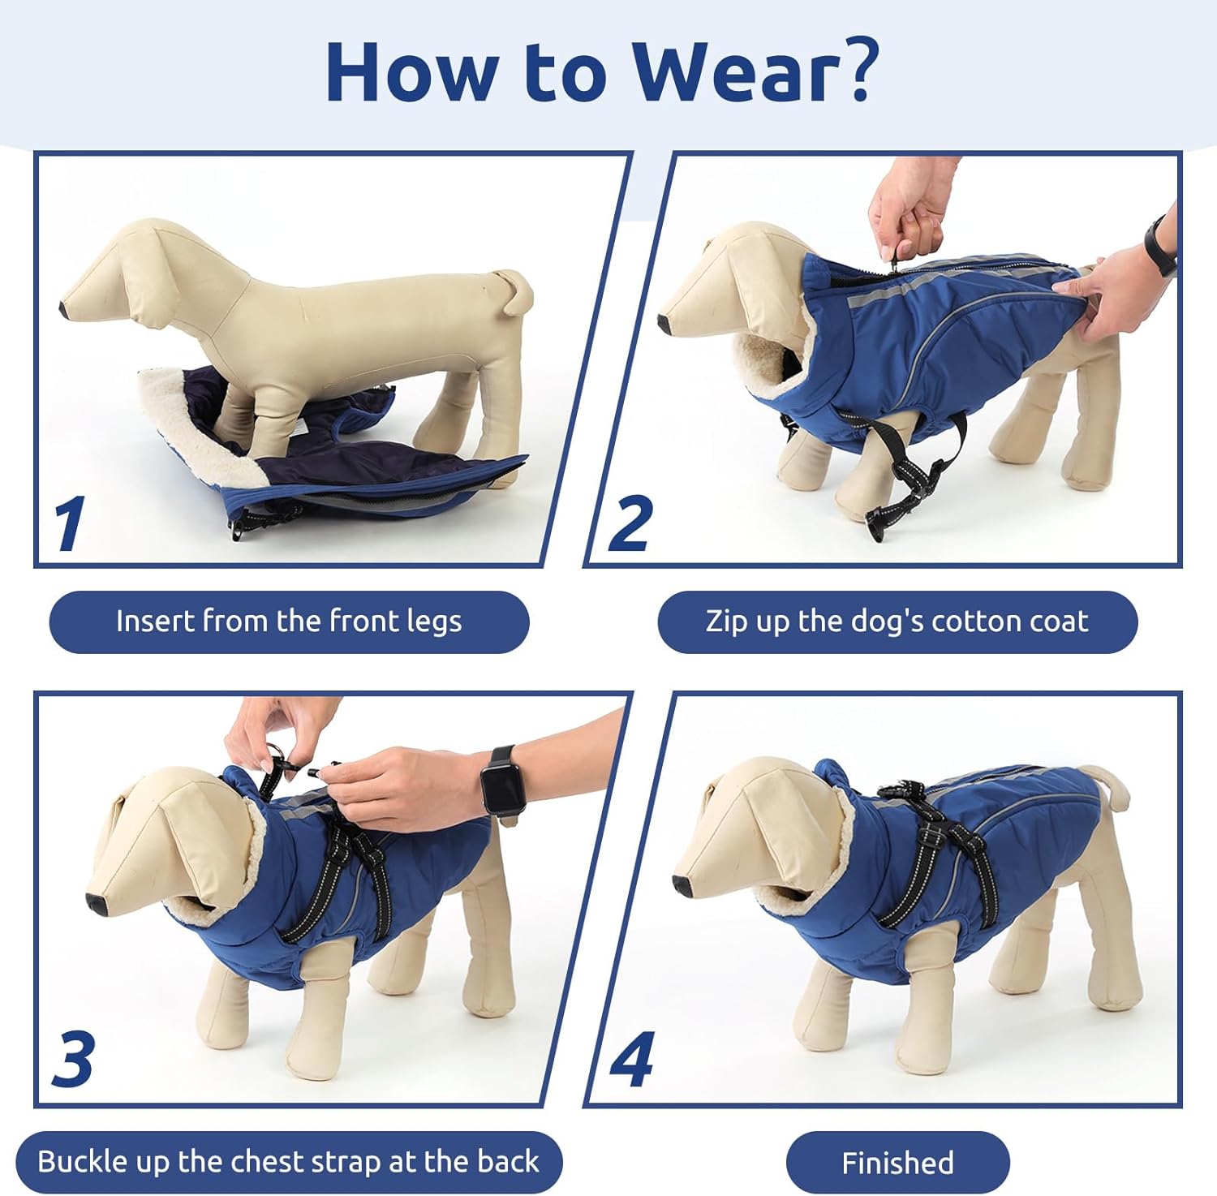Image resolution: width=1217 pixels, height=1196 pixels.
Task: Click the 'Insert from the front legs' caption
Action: (x=289, y=622)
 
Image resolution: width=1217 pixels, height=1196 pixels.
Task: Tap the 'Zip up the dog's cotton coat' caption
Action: (x=897, y=622)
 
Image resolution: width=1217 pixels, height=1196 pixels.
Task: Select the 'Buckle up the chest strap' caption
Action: (x=288, y=1162)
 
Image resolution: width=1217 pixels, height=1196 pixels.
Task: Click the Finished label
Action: (x=897, y=1163)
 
